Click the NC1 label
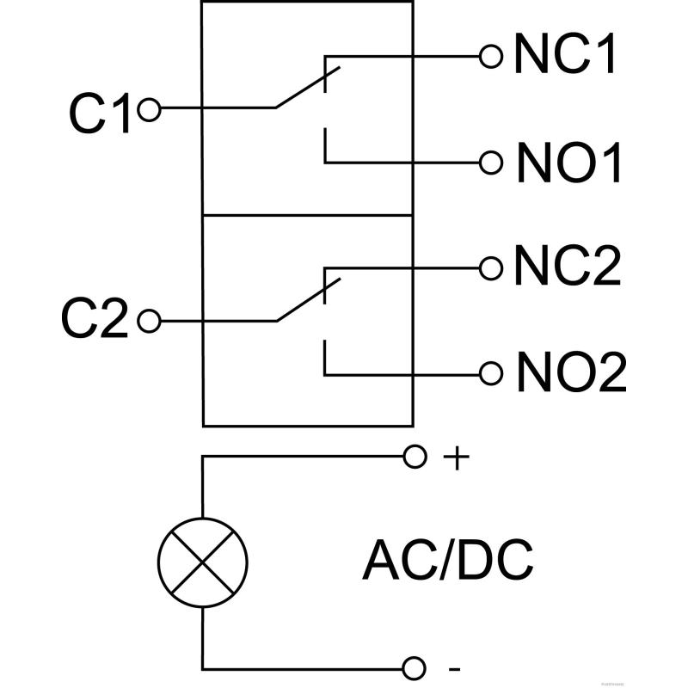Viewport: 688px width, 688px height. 565,56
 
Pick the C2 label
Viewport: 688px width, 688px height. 95,322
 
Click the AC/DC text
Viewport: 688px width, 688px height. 448,561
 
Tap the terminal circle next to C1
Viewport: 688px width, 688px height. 149,109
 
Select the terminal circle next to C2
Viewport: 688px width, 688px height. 149,322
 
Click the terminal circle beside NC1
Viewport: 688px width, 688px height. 491,56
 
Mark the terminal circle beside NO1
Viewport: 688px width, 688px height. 491,162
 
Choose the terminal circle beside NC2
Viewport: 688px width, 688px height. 491,267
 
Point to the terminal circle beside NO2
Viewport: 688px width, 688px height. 491,373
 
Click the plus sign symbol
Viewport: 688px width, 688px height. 456,458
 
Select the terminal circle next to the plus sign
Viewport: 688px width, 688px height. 415,457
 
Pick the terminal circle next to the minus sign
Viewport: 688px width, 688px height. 415,667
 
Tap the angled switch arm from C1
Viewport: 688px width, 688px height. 307,87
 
